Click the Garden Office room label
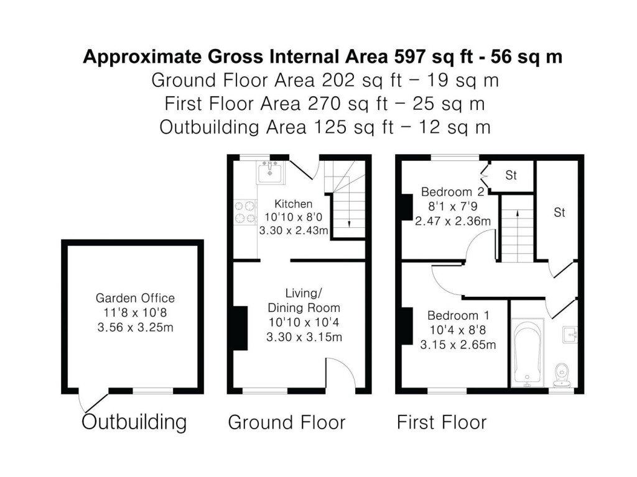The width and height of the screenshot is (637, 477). tap(135, 298)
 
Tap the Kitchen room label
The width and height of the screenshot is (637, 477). tap(294, 204)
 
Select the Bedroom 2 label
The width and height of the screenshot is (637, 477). tap(452, 191)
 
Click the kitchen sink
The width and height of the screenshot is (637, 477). tap(271, 172)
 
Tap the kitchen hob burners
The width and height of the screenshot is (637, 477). tap(244, 211)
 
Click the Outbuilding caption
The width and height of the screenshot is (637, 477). tap(134, 422)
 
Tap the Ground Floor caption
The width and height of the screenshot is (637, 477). tap(287, 423)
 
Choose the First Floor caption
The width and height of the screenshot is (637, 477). tap(442, 423)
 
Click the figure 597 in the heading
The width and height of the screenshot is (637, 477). tap(411, 57)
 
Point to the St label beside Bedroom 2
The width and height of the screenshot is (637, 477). tap(511, 176)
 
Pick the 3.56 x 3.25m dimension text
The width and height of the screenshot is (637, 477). tap(135, 327)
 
